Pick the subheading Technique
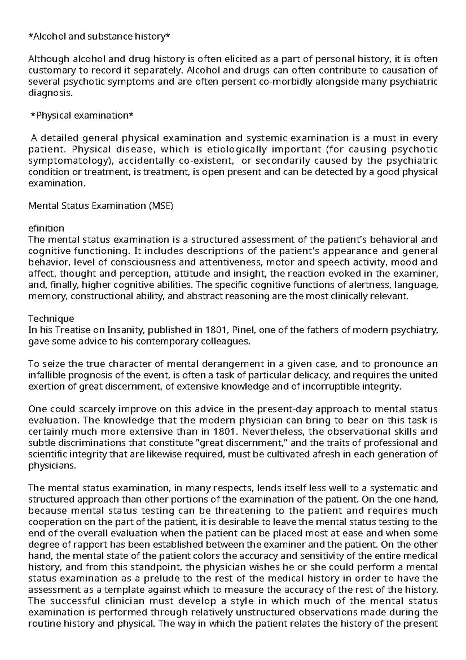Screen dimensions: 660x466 point(51,319)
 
